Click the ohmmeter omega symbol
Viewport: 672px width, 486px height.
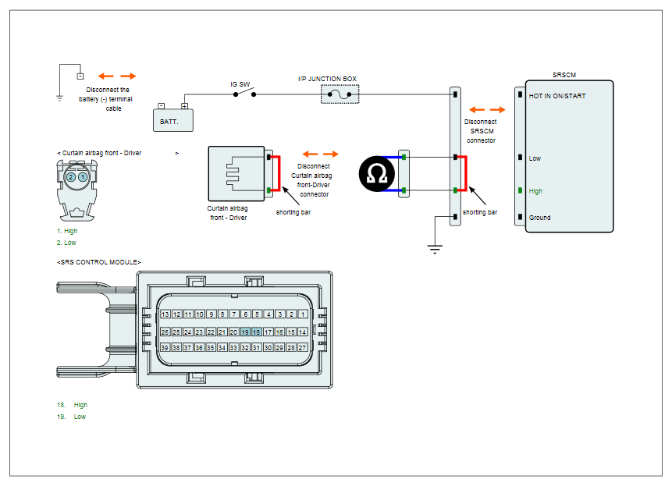click(377, 174)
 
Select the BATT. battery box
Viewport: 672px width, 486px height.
click(173, 120)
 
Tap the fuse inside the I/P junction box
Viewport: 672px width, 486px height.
click(340, 94)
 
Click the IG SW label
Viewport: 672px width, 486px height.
click(240, 84)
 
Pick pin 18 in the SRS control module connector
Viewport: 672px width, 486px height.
click(256, 332)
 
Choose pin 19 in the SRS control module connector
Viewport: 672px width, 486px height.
click(245, 332)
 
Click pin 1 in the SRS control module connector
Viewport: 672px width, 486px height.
click(303, 314)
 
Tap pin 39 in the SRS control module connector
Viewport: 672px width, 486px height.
click(165, 348)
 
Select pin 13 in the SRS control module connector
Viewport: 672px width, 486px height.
click(165, 314)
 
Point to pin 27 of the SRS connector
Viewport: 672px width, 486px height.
click(303, 348)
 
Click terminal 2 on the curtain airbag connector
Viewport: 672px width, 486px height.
click(71, 177)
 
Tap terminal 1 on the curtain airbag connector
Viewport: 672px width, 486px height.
click(83, 177)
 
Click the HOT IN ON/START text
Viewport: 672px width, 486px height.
click(557, 96)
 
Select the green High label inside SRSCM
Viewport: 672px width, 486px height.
click(535, 191)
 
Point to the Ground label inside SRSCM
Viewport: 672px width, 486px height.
click(539, 218)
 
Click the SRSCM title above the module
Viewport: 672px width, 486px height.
click(564, 75)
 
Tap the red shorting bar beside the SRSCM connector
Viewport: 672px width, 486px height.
click(466, 173)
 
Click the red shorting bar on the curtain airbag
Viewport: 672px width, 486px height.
click(279, 173)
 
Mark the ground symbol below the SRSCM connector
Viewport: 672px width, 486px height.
click(435, 249)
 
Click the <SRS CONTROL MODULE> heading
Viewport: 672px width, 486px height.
click(99, 262)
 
